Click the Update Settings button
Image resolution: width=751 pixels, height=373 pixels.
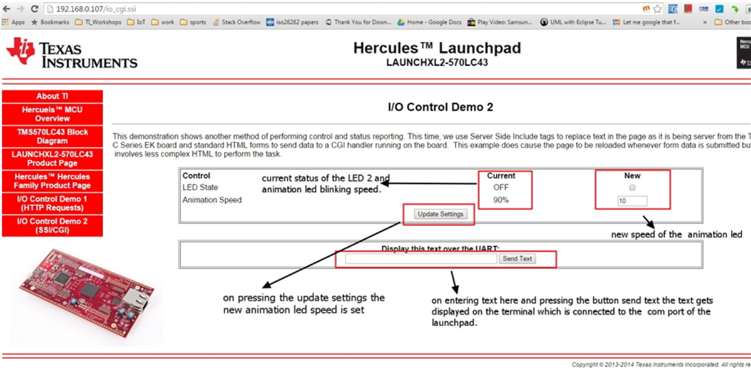[441, 214]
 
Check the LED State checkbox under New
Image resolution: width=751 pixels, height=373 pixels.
[632, 187]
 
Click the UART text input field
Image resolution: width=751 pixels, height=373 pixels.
[421, 259]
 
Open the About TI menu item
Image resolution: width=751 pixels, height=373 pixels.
[52, 96]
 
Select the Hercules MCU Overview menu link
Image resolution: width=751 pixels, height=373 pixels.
[52, 114]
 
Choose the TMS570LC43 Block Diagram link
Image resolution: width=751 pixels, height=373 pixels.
[52, 136]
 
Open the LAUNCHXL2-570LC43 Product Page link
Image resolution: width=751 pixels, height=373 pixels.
[52, 158]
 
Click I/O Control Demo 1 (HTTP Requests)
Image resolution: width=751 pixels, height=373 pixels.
[52, 202]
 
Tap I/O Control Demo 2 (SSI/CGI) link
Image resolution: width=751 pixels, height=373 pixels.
[52, 225]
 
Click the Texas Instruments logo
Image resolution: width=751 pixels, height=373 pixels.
[71, 53]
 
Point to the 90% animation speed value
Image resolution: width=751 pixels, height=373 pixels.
[501, 201]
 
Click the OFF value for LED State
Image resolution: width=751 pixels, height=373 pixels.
[501, 187]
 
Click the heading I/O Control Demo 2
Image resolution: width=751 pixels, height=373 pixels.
[440, 107]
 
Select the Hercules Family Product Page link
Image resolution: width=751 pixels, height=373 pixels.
[52, 181]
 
